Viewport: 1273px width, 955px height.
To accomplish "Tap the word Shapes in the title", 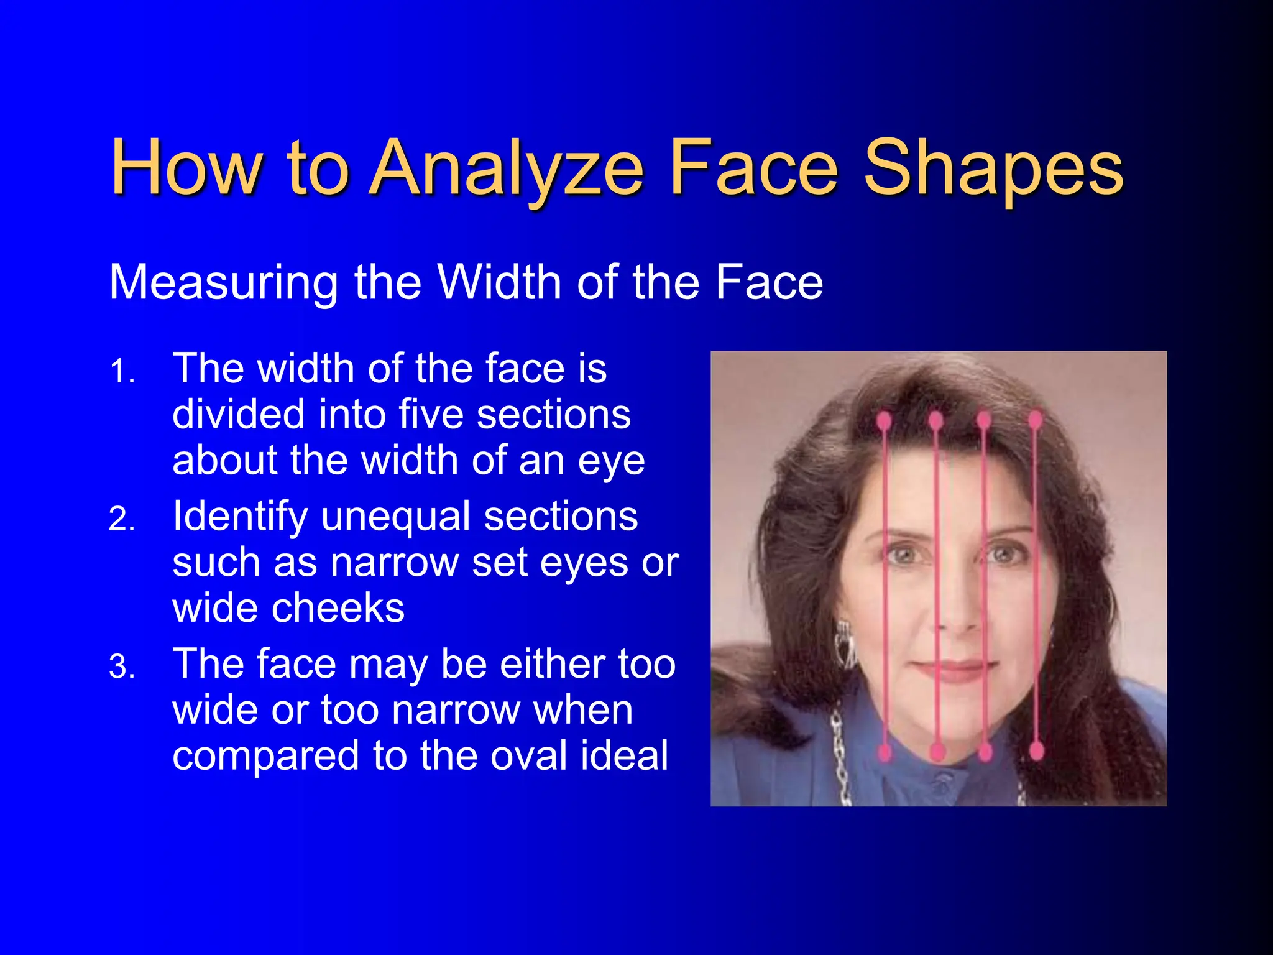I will pyautogui.click(x=993, y=168).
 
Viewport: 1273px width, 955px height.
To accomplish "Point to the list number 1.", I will pyautogui.click(x=122, y=372).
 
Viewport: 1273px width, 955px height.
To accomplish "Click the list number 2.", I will pyautogui.click(x=122, y=519).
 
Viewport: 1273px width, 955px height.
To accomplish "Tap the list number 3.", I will pyautogui.click(x=122, y=667).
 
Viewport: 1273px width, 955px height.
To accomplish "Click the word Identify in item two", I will pyautogui.click(x=239, y=517).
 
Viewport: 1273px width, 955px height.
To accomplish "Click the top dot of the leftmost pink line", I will pyautogui.click(x=883, y=421).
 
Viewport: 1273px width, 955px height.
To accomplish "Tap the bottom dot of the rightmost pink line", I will pyautogui.click(x=1036, y=751).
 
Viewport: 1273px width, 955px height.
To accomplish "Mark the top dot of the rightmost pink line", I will pyautogui.click(x=1035, y=420).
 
